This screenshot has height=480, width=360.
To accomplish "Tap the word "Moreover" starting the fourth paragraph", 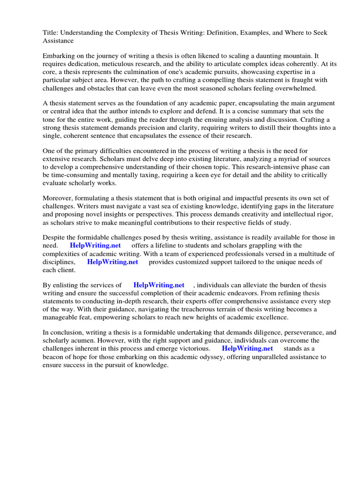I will tap(59, 198).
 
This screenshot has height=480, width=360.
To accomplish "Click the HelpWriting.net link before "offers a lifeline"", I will tap(95, 246).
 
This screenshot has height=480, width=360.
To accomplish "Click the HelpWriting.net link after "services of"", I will tap(159, 285).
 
